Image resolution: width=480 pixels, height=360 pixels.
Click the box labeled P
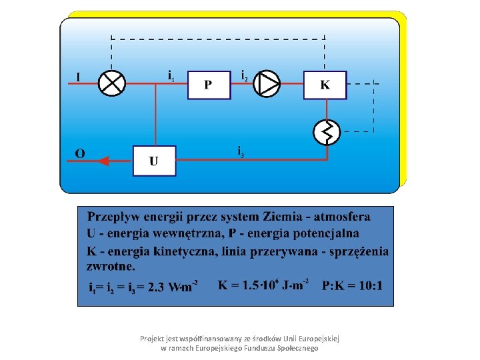pyautogui.click(x=209, y=85)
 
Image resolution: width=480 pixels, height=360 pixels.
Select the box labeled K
pyautogui.click(x=325, y=85)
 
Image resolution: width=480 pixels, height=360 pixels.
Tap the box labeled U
pyautogui.click(x=154, y=161)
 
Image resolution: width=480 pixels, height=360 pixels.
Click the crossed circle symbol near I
pyautogui.click(x=112, y=83)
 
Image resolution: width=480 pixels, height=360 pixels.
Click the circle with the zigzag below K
pyautogui.click(x=327, y=131)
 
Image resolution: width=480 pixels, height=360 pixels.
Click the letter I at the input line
pyautogui.click(x=78, y=78)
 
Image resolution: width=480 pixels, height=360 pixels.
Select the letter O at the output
pyautogui.click(x=79, y=154)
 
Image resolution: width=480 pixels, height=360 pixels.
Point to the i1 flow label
pyautogui.click(x=171, y=75)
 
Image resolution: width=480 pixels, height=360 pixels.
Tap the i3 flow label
pyautogui.click(x=241, y=152)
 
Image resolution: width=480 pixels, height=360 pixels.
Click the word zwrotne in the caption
pyautogui.click(x=111, y=265)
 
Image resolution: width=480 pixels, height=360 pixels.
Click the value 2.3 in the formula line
pyautogui.click(x=157, y=288)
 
